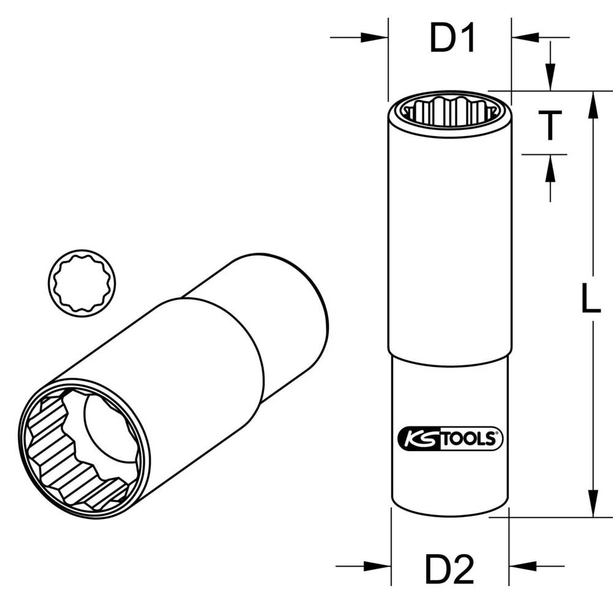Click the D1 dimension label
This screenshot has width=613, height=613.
(x=452, y=39)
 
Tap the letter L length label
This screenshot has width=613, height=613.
(x=590, y=300)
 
